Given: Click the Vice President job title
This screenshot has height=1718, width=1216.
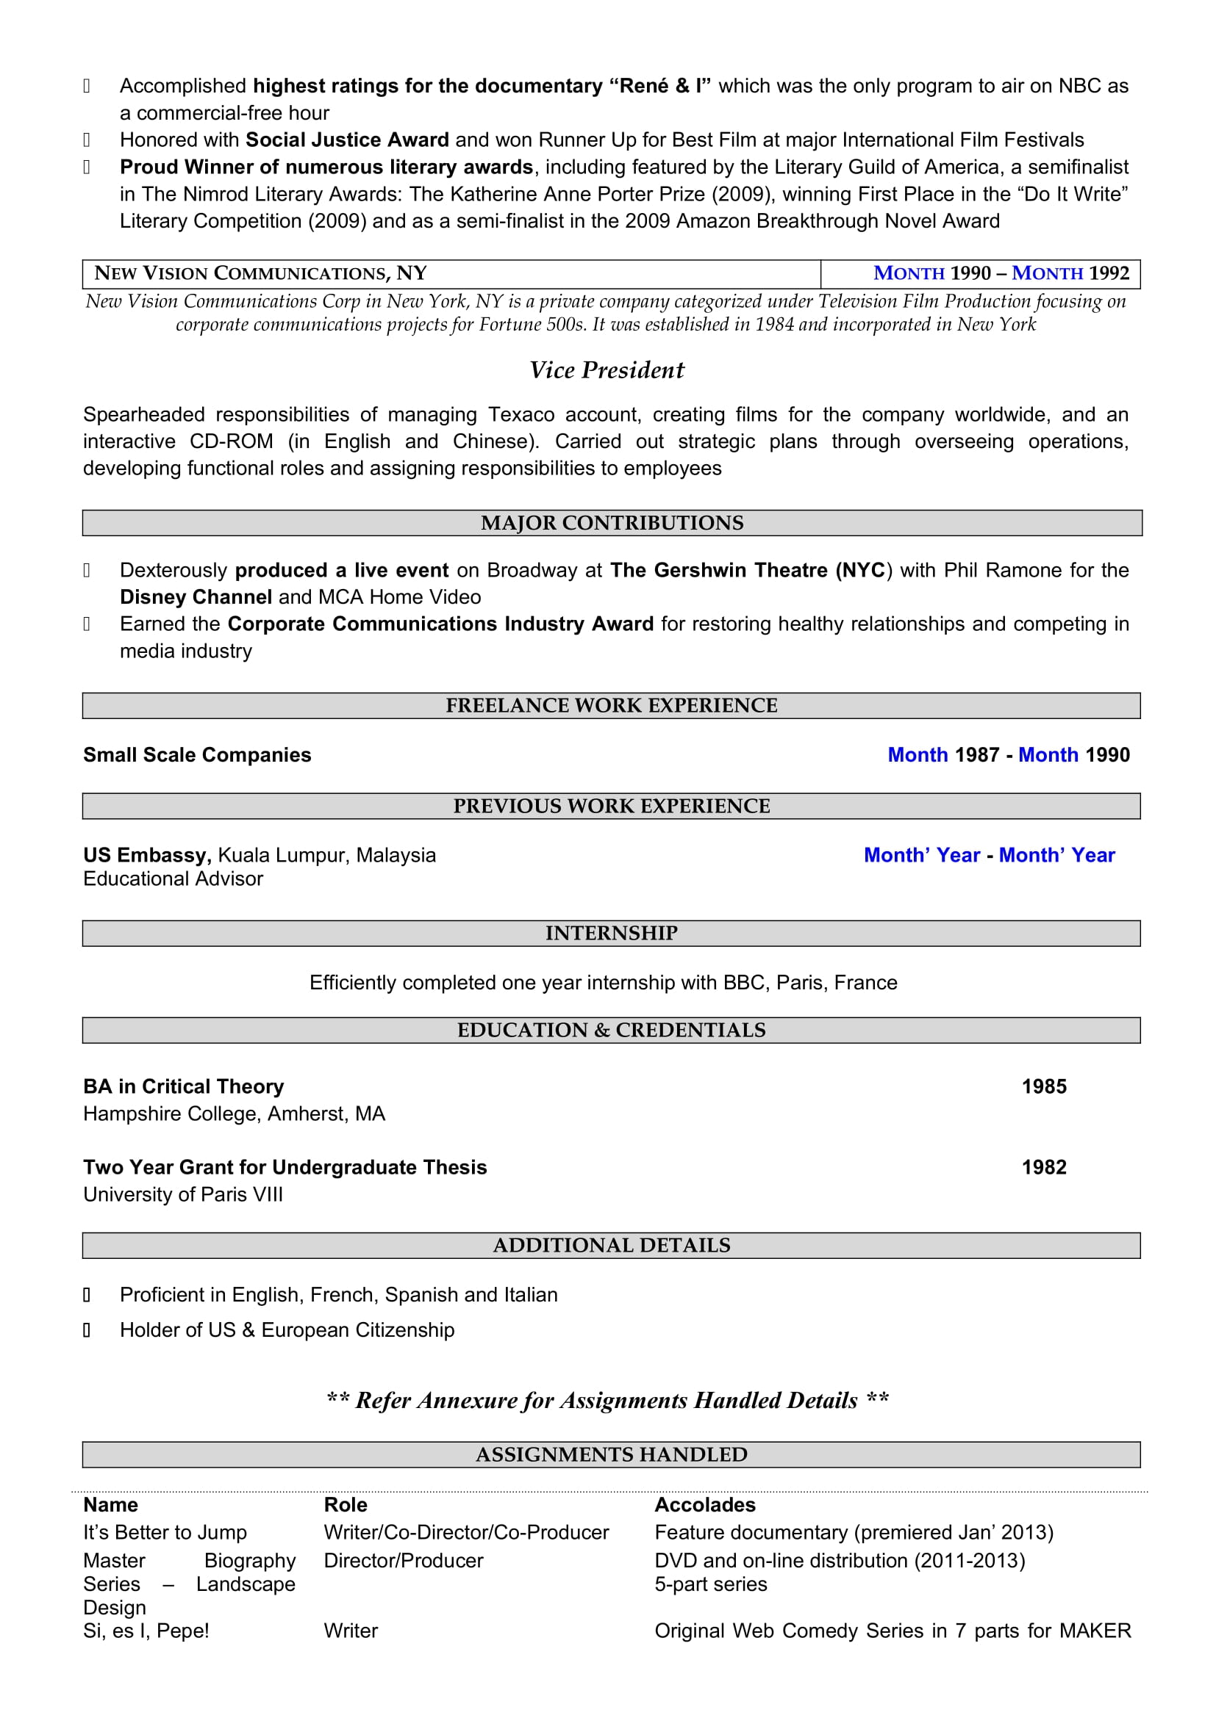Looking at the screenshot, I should pos(607,369).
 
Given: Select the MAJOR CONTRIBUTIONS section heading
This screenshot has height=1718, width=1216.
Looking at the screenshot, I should pos(612,523).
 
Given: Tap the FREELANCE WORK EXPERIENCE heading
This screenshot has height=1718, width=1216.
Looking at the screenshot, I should pos(612,706).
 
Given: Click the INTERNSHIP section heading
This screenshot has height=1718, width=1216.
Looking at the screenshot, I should pos(612,933).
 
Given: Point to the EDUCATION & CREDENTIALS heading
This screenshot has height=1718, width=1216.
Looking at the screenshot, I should pos(612,1031).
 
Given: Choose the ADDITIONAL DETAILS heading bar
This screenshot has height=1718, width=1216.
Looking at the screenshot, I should pos(612,1245).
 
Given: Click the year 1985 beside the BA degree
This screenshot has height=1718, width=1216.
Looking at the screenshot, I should pos(1044,1086).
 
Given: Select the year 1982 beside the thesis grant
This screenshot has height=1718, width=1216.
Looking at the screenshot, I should pos(1044,1167).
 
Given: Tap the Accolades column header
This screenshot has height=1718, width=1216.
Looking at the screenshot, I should pos(704,1505).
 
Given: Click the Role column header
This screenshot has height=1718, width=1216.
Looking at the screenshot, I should pos(346,1505).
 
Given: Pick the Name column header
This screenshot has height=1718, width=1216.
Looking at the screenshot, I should pos(111,1505).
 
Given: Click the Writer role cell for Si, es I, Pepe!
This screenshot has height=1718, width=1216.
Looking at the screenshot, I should pos(351,1631).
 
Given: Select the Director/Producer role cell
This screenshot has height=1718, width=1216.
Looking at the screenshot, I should pos(404,1560).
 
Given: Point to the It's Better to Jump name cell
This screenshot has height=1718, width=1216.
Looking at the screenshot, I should pos(165,1532).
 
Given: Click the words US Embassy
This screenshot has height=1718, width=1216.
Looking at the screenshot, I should pos(147,855).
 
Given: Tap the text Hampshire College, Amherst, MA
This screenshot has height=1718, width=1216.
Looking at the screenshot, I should pos(234,1114).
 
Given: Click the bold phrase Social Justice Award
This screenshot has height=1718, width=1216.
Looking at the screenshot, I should pos(347,140).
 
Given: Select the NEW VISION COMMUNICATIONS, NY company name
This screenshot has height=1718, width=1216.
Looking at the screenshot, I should pos(260,273).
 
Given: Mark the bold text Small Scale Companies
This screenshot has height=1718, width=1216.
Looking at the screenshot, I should pos(197,755).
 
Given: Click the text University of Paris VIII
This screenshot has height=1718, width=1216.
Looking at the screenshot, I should pos(183,1194).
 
